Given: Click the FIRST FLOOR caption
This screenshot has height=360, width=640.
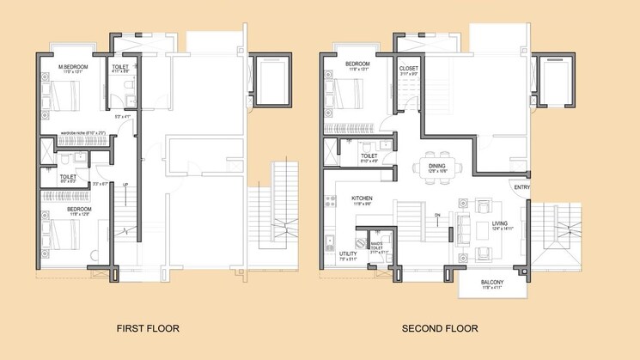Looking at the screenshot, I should click(x=148, y=328).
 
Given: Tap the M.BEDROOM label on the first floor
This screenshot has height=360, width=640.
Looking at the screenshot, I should click(x=70, y=67).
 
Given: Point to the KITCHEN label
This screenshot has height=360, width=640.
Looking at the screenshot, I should click(x=362, y=198).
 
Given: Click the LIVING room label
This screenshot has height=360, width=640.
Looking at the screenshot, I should click(x=500, y=223).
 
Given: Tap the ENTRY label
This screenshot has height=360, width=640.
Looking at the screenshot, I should click(x=522, y=186).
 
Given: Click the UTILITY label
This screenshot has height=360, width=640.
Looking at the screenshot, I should click(x=348, y=254).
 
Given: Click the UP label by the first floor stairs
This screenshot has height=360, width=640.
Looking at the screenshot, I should click(x=125, y=186).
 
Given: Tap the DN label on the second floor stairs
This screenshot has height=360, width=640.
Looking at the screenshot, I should click(x=436, y=215).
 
